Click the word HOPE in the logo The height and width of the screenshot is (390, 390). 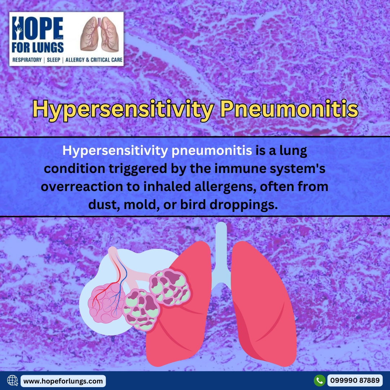coord(38,28)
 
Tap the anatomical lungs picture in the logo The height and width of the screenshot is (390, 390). coord(99,34)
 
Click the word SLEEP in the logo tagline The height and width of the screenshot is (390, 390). coord(53,60)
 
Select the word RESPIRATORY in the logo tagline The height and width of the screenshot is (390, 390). coord(27,60)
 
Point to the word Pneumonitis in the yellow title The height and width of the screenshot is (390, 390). coord(289,109)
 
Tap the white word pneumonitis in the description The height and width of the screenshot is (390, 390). coord(212,151)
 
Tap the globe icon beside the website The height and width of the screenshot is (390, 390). coord(12,381)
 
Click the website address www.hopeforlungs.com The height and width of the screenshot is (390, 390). coord(63,381)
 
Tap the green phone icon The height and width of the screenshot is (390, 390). coord(319,381)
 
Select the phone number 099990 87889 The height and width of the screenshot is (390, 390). coord(355,381)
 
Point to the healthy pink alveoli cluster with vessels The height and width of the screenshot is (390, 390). coord(107,302)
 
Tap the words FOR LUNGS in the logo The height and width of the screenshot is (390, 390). coord(38,48)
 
